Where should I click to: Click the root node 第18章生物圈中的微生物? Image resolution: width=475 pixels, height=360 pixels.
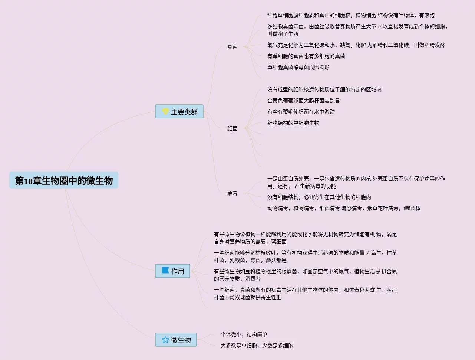click(x=64, y=180)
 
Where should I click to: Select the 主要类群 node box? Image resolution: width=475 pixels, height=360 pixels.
click(x=179, y=112)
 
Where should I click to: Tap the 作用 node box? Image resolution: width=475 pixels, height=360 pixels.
click(x=173, y=271)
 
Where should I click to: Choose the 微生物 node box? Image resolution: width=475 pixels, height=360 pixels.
click(x=176, y=340)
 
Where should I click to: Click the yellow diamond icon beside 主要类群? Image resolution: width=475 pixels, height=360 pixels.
click(x=165, y=111)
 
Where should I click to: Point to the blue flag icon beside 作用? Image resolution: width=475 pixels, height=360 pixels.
click(x=165, y=271)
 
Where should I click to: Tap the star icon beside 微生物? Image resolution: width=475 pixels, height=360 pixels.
click(x=165, y=340)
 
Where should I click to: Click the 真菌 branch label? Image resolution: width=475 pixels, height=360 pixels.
click(x=232, y=47)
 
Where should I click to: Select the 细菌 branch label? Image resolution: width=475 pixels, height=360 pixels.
click(x=232, y=128)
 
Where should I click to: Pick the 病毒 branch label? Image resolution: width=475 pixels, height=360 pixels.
click(x=232, y=193)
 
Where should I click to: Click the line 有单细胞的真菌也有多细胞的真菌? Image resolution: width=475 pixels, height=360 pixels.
click(x=306, y=56)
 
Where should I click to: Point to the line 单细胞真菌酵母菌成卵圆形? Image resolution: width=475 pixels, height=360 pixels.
click(x=298, y=67)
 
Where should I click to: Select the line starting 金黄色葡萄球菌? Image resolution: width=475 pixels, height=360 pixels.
click(x=304, y=101)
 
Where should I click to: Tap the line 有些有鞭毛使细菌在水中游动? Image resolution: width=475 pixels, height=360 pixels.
click(x=301, y=112)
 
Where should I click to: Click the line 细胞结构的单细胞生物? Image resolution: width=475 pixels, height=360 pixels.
click(x=293, y=123)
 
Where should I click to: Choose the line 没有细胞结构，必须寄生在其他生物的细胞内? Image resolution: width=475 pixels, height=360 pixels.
click(x=319, y=197)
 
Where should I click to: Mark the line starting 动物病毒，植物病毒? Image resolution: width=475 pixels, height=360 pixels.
click(x=344, y=208)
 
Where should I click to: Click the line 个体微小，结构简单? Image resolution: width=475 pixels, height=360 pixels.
click(x=244, y=334)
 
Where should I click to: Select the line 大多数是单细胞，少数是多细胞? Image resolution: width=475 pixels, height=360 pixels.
click(x=257, y=346)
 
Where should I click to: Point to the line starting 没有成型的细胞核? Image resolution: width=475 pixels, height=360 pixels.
click(x=324, y=89)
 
